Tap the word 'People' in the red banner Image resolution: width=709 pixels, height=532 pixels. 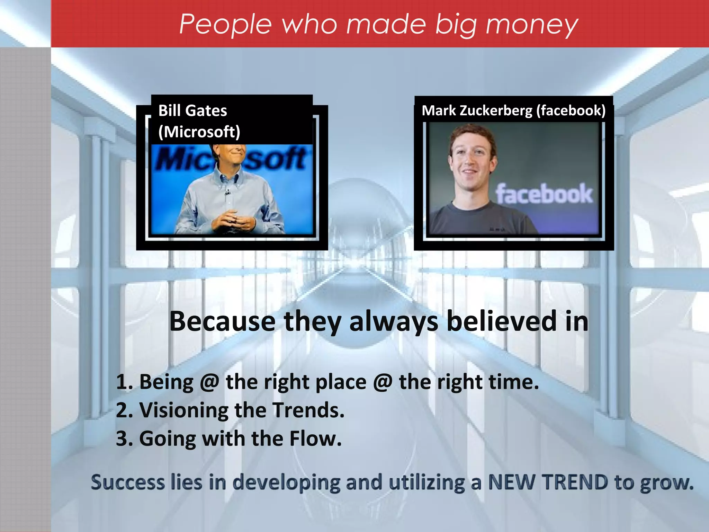225,25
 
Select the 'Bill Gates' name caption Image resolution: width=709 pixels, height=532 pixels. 192,111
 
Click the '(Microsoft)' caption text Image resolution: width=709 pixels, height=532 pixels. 199,132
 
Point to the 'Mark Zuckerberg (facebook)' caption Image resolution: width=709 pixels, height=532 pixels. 513,110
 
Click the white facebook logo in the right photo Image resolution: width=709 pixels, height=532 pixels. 544,194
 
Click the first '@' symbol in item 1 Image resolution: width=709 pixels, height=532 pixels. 209,382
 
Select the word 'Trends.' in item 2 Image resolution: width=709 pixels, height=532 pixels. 308,410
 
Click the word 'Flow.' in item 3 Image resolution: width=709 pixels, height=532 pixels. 315,439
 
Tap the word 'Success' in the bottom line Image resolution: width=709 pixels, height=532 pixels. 127,482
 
